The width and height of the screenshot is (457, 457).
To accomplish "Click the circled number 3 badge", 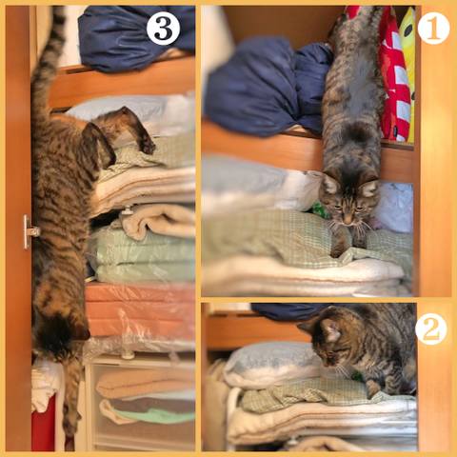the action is pos(163,29).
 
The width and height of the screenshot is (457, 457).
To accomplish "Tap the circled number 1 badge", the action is pos(433,29).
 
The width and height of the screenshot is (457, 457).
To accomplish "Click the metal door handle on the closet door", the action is pos(30,231).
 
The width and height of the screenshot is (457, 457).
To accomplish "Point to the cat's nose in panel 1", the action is pos(348,220).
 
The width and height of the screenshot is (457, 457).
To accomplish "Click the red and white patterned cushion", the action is pos(394,76).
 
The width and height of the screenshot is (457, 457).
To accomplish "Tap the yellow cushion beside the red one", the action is pos(408,64).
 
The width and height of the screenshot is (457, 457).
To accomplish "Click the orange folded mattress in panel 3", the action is pos(140,309).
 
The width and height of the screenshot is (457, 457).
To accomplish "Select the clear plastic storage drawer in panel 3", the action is pos(140,403).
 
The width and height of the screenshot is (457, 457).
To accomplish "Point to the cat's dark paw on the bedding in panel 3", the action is pos(148,147).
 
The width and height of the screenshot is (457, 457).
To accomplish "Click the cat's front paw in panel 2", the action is pos(372,388).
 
